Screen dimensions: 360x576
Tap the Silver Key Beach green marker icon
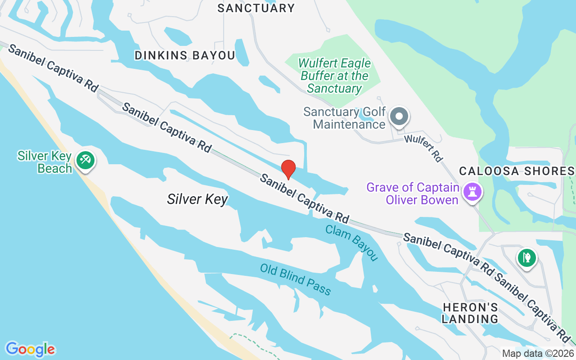85,160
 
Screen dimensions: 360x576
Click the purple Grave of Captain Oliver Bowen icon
472,191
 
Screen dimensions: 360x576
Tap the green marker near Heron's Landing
526,258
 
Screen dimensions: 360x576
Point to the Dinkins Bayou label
185,55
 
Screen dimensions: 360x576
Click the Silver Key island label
197,199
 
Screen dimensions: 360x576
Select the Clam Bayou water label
351,243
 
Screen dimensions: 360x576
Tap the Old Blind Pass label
295,279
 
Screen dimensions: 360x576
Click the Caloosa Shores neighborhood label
517,171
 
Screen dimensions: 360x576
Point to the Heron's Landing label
470,313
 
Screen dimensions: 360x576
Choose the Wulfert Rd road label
423,148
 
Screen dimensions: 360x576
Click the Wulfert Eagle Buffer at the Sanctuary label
335,76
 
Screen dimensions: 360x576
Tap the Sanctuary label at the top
256,8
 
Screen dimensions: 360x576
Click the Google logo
30,349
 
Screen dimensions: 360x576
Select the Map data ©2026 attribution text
538,353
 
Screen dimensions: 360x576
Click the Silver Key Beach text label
45,162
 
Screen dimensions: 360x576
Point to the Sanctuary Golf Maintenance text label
345,117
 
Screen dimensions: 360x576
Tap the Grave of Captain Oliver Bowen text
413,193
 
